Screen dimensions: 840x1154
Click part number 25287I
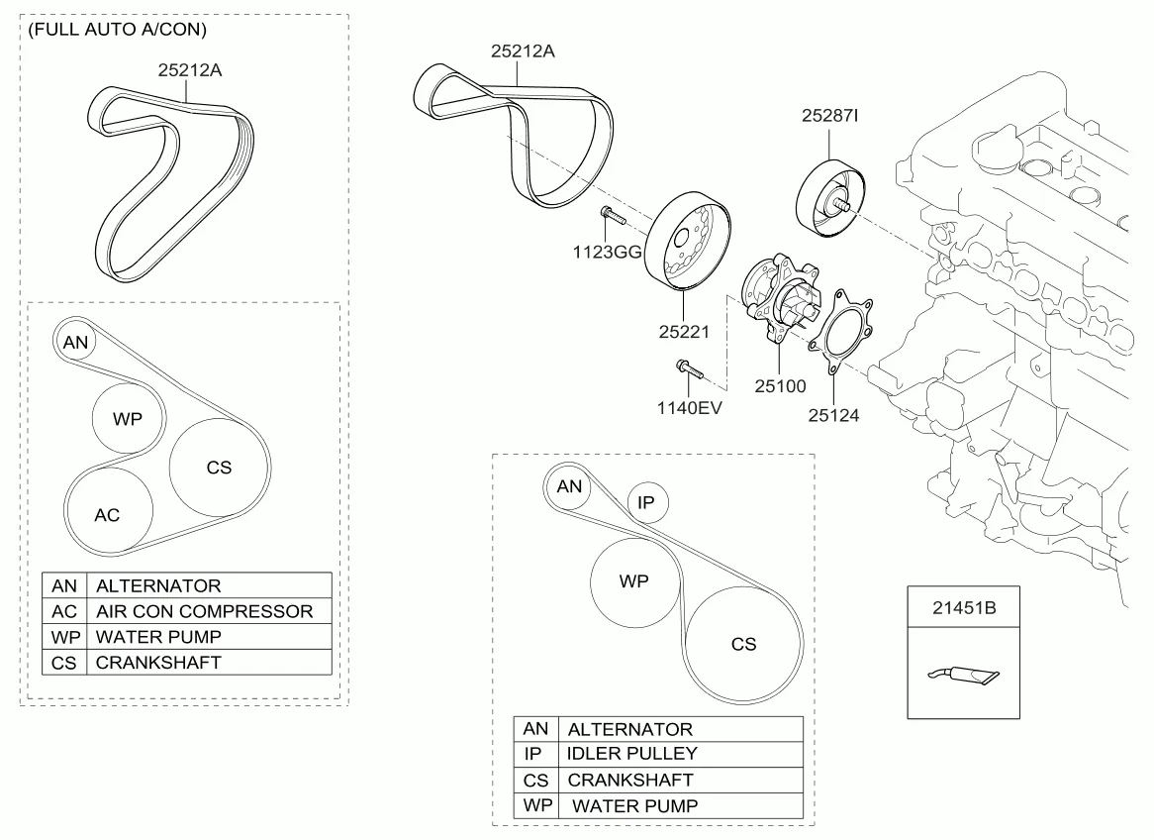tap(829, 116)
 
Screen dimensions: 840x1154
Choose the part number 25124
tap(833, 415)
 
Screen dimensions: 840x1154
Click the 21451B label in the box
tap(963, 607)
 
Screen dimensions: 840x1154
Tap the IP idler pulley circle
tap(647, 503)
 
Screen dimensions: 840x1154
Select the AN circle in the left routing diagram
tap(75, 343)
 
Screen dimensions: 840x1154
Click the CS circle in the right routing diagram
tap(744, 645)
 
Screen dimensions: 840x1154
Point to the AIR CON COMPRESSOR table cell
tap(204, 611)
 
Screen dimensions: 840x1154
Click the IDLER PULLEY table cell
tap(632, 754)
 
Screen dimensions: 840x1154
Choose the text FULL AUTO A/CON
tap(117, 30)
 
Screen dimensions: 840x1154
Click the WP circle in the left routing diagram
tap(128, 419)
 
